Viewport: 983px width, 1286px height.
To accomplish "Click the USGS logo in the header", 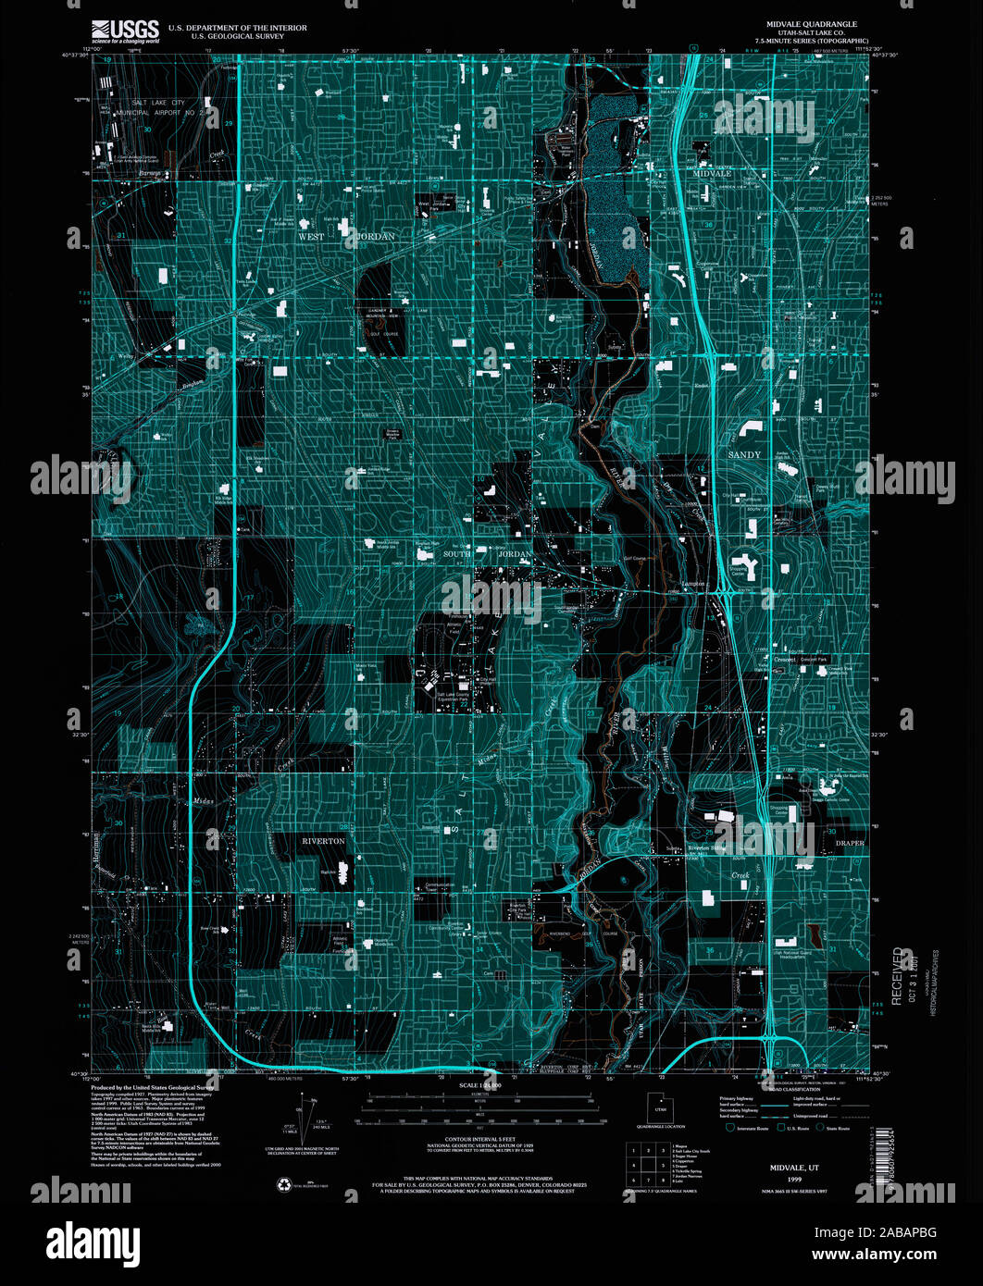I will [125, 32].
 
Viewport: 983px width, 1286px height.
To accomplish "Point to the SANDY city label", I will [744, 455].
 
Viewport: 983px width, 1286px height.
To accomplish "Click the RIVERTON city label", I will [323, 841].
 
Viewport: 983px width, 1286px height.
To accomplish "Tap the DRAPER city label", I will [849, 844].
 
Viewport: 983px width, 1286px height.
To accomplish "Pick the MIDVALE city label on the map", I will [713, 173].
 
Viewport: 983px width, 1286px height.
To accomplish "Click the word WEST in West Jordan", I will [311, 237].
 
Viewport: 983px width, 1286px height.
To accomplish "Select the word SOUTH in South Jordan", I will [457, 554].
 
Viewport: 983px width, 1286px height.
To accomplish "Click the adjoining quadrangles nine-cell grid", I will [648, 1164].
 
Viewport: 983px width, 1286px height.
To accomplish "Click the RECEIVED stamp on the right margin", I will [898, 975].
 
